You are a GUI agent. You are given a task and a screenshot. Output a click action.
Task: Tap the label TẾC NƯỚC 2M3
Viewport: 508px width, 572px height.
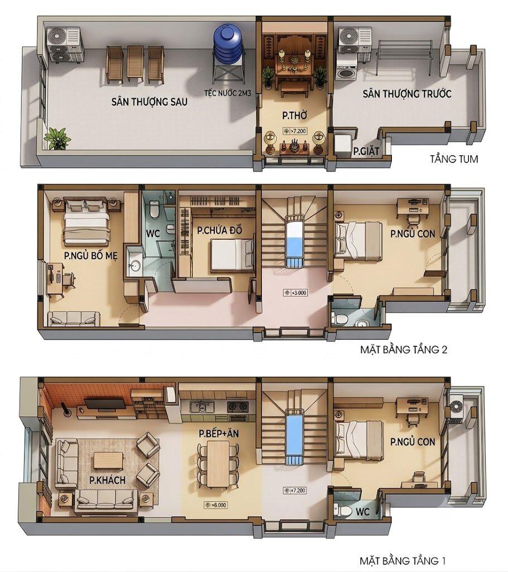[x=228, y=93]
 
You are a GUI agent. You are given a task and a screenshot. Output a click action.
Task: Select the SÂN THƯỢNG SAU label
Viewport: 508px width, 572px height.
[x=150, y=102]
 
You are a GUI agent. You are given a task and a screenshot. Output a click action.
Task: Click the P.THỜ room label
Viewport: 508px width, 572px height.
[x=295, y=116]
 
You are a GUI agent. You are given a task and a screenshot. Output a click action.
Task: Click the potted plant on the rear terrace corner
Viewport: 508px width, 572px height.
[x=57, y=139]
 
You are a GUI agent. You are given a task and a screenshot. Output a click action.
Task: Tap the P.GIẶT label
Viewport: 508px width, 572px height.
[x=366, y=151]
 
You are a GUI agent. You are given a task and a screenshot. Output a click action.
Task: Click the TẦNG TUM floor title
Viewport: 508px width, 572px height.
[x=454, y=159]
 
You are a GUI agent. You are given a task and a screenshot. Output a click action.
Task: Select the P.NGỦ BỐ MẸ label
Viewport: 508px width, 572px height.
[x=91, y=256]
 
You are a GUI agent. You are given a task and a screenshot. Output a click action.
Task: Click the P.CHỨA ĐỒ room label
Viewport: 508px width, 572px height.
[x=219, y=230]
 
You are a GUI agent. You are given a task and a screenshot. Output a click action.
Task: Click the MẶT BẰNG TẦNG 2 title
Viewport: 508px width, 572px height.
[x=404, y=350]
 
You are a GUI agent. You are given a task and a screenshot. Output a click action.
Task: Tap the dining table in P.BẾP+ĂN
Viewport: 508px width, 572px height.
[x=218, y=464]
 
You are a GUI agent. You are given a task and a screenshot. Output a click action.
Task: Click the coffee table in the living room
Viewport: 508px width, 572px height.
[x=108, y=461]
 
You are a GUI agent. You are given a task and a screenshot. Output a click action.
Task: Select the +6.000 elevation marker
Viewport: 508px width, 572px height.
[x=215, y=505]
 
